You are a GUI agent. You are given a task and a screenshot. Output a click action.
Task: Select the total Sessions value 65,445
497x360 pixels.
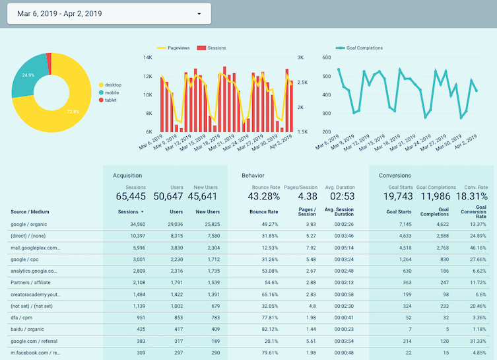[130, 196]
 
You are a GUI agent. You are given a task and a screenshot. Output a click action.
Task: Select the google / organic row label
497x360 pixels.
[32, 225]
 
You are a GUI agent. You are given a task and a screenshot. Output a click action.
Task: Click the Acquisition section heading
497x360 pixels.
[128, 176]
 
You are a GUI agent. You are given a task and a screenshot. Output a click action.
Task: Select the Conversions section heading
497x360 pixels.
[395, 176]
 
